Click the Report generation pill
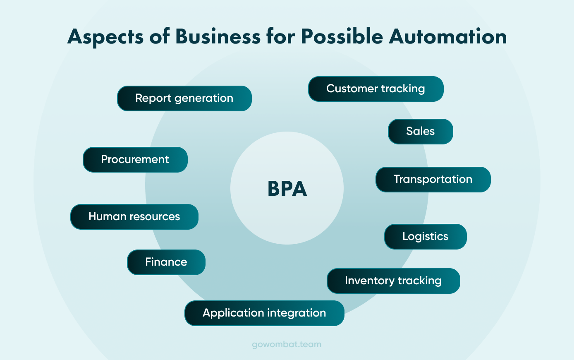(184, 98)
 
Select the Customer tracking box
(375, 89)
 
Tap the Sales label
(420, 132)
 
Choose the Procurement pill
(135, 160)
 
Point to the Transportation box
(433, 180)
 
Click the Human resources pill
(134, 217)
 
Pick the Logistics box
(425, 237)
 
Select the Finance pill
(166, 262)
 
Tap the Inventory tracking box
(393, 281)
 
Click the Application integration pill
(264, 313)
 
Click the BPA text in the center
(287, 189)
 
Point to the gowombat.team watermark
(287, 344)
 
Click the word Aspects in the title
(105, 37)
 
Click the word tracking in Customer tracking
(403, 89)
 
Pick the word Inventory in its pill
(369, 281)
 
